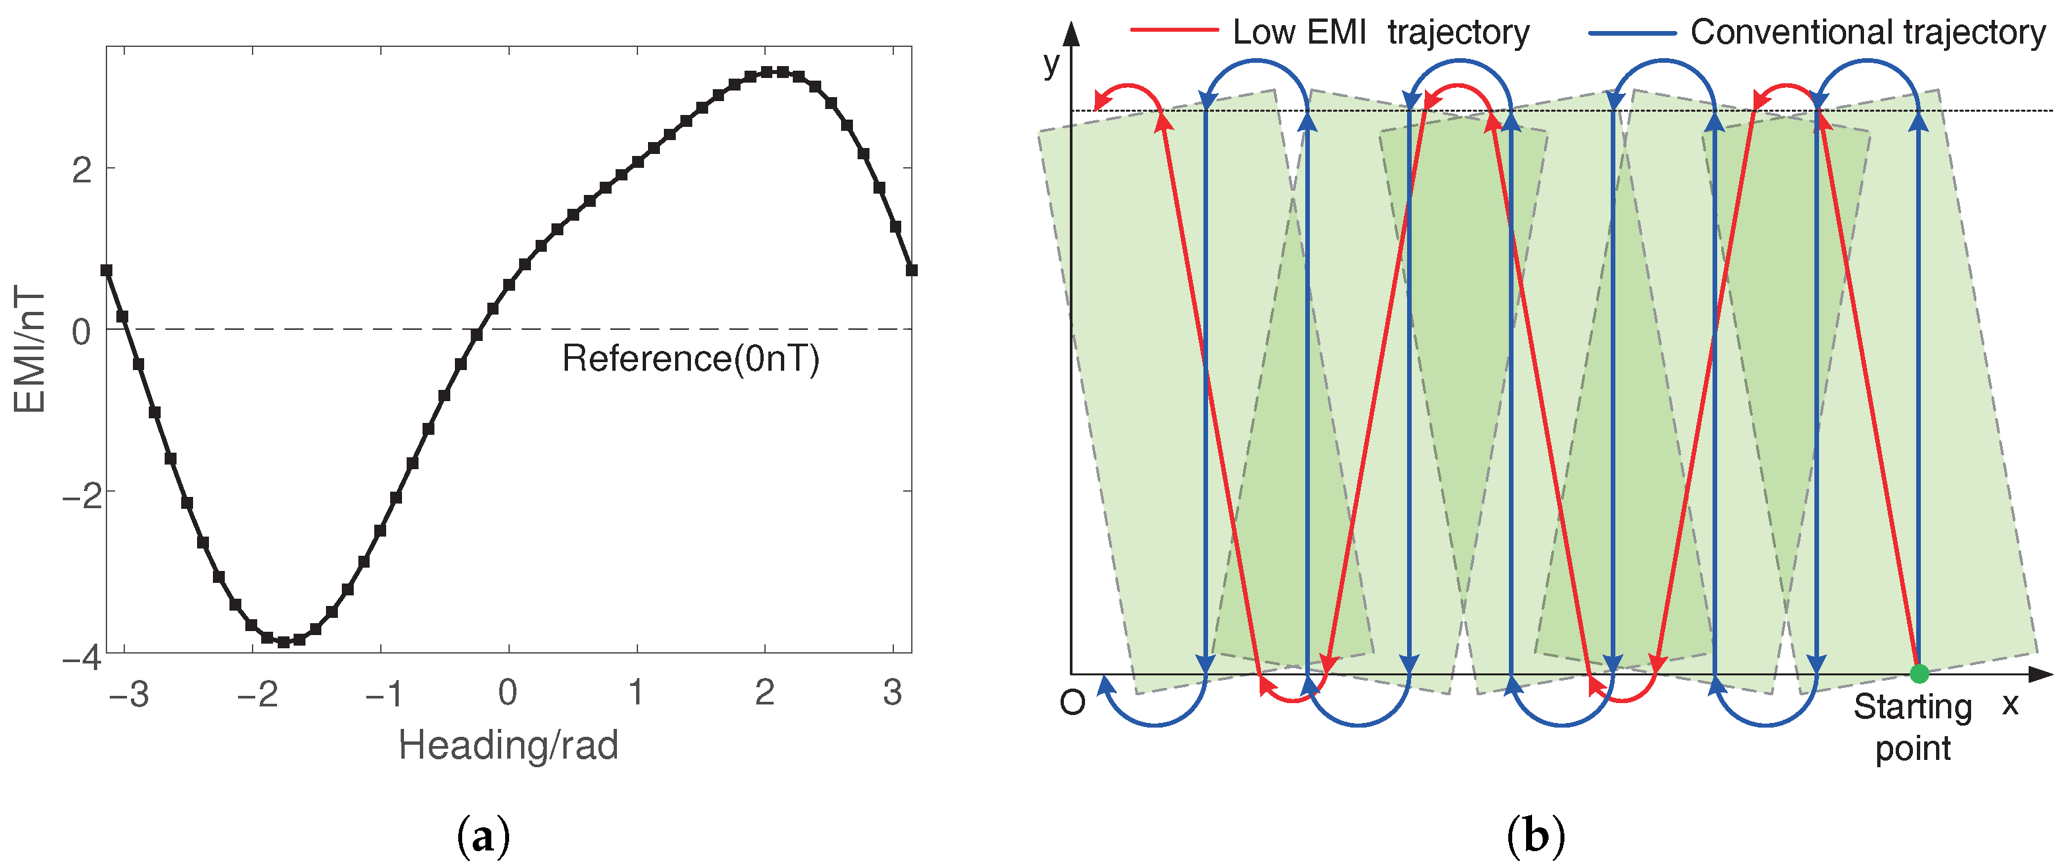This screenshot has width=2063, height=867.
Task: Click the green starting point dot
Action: (x=1919, y=673)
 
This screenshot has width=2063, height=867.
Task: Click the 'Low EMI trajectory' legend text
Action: (x=1380, y=32)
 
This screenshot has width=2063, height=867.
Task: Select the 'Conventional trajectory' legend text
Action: (x=1867, y=32)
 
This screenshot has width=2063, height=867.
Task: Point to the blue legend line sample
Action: (x=1632, y=33)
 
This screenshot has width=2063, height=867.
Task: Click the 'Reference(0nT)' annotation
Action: (x=690, y=358)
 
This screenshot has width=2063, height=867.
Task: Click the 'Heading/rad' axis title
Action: (x=508, y=745)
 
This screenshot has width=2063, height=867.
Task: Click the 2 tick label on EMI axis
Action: (x=82, y=170)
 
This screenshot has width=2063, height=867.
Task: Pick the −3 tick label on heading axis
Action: (x=129, y=693)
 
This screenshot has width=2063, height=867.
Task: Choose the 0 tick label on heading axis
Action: (x=508, y=693)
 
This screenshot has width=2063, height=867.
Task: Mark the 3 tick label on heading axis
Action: (x=892, y=693)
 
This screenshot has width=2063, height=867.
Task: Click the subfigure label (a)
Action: (x=483, y=837)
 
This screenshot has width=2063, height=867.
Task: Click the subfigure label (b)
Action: (x=1535, y=837)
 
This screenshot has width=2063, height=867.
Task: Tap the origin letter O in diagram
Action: (x=1072, y=702)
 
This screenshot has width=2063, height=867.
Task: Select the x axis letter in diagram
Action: (x=2010, y=704)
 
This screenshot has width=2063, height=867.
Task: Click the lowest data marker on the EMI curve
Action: (x=284, y=641)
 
